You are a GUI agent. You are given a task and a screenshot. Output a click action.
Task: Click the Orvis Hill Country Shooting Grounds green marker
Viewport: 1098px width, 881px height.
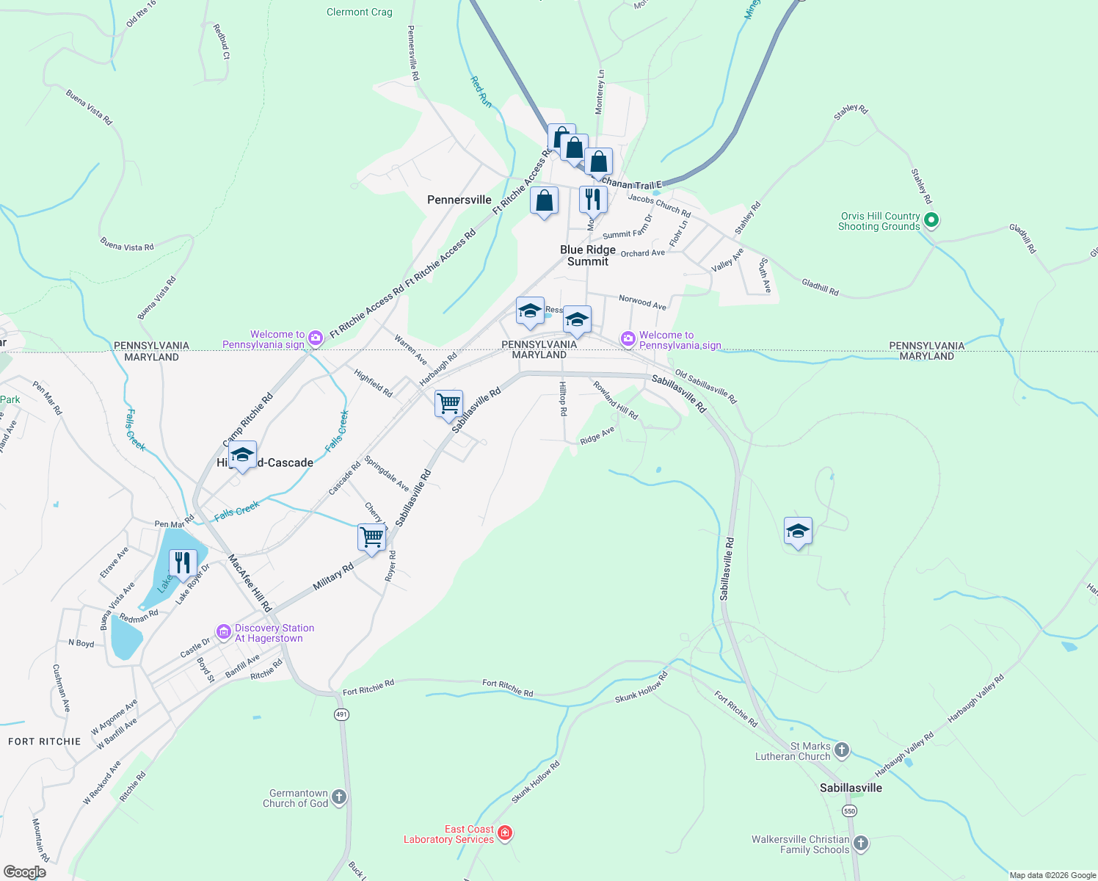coord(931,220)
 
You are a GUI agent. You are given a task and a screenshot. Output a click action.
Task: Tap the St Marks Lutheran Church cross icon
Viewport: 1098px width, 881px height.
coord(842,750)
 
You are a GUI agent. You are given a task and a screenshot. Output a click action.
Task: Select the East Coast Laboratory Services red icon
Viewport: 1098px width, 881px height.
coord(505,833)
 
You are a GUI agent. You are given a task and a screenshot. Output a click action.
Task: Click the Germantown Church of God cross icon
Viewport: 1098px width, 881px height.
coord(338,797)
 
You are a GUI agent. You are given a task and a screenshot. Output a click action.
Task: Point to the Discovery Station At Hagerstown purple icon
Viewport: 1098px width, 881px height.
coord(223,632)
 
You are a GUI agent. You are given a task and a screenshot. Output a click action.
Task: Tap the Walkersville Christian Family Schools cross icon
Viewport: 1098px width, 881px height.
coord(861,844)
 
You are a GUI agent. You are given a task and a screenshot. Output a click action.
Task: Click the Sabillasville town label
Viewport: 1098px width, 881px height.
coord(851,788)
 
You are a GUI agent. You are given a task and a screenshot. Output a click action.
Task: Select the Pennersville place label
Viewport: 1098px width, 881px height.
coord(459,200)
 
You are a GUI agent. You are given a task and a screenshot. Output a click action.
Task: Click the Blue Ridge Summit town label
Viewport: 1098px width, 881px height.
coord(588,255)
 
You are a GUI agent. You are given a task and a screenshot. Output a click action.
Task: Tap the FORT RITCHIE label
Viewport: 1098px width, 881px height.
coord(44,742)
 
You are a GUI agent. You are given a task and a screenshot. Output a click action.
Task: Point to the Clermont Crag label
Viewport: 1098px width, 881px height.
coord(360,12)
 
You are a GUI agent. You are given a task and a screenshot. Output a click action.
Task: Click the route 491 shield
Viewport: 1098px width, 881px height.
coord(341,714)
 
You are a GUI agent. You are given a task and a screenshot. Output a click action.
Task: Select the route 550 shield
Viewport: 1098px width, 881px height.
coord(849,811)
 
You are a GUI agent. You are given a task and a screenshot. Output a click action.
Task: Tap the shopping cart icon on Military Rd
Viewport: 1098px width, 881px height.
coord(371,537)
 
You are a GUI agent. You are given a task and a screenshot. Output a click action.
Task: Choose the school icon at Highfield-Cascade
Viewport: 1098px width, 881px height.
coord(242,455)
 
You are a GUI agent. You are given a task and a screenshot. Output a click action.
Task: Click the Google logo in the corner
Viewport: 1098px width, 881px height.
coord(25,872)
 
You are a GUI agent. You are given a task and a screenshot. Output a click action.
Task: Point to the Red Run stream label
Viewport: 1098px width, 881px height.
coord(481,93)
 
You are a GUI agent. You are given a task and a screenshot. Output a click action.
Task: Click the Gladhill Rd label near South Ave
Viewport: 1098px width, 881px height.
coord(820,286)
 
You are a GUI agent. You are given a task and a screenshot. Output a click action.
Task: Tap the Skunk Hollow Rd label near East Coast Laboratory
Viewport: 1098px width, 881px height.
coord(536,781)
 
